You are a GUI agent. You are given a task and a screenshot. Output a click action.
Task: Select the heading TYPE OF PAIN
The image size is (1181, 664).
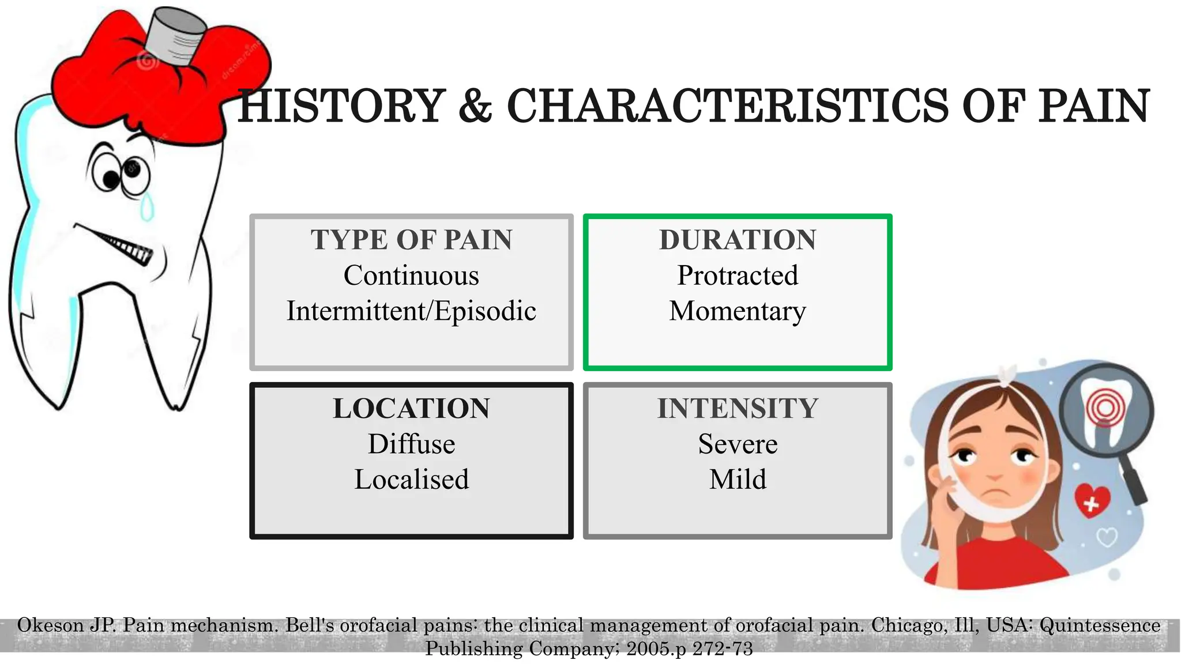[x=411, y=240]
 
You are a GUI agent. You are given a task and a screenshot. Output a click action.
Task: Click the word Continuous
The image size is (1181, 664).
[x=411, y=276]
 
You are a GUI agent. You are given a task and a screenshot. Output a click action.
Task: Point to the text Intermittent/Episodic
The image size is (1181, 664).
[x=411, y=311]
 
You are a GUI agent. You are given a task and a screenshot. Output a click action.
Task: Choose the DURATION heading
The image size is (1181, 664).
[x=738, y=240]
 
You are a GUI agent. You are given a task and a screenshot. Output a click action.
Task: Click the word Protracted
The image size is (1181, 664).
[x=738, y=276]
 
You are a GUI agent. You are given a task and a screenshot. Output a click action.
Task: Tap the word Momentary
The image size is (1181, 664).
[x=738, y=311]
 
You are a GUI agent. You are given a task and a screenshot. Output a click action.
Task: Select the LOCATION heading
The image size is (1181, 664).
[x=411, y=409]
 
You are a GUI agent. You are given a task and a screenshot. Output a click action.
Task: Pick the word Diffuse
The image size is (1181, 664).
[x=411, y=444]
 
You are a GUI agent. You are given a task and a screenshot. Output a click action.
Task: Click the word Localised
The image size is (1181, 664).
[x=411, y=480]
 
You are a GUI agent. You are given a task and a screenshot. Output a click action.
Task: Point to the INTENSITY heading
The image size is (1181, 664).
[x=738, y=409]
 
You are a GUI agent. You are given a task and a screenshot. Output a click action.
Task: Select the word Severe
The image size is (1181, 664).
[x=738, y=444]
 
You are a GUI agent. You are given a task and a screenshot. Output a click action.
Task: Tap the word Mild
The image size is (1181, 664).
[x=738, y=480]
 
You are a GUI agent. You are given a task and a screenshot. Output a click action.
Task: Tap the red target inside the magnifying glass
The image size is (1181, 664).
[x=1105, y=408]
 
